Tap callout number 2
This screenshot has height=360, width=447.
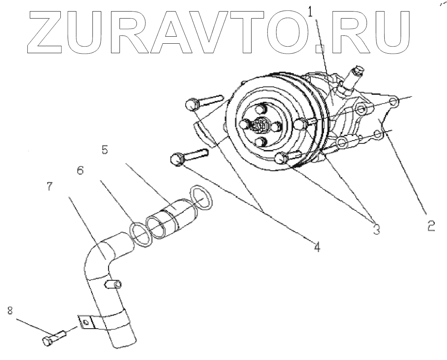(431, 226)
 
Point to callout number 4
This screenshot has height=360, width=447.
(316, 247)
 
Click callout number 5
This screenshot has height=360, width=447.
(105, 150)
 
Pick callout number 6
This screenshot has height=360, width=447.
(80, 170)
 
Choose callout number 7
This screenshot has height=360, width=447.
(50, 186)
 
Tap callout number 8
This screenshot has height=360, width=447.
(10, 309)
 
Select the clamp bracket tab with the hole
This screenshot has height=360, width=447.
(85, 322)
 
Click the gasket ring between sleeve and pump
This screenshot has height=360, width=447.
(201, 197)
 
